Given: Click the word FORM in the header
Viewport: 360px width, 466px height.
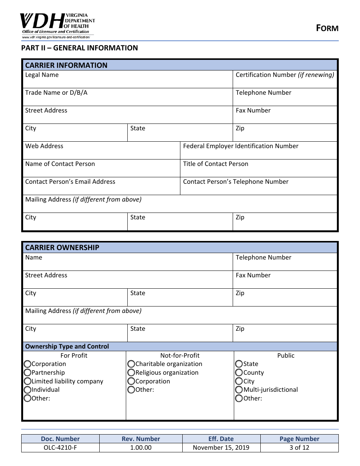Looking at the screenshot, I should pyautogui.click(x=327, y=28).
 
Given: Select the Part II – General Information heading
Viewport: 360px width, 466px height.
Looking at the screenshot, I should pyautogui.click(x=80, y=48).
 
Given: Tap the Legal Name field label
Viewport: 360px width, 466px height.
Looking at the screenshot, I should pyautogui.click(x=42, y=75).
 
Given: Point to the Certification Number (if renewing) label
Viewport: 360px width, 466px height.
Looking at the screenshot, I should pyautogui.click(x=285, y=75).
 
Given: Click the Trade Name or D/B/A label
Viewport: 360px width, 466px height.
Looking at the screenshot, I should pyautogui.click(x=56, y=93).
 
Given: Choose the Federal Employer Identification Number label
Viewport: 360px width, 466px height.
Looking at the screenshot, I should pyautogui.click(x=241, y=146).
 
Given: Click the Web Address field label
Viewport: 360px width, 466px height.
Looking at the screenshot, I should pyautogui.click(x=44, y=146).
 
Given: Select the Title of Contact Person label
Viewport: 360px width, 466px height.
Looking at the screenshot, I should pyautogui.click(x=216, y=164).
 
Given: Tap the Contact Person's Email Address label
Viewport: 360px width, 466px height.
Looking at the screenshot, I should pyautogui.click(x=70, y=182).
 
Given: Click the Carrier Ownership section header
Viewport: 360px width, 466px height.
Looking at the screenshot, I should pyautogui.click(x=62, y=248).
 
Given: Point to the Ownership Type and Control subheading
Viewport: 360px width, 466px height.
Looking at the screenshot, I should pyautogui.click(x=67, y=347).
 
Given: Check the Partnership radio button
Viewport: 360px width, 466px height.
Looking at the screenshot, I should pyautogui.click(x=27, y=373).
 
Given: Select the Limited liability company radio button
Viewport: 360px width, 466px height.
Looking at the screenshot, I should pyautogui.click(x=27, y=382).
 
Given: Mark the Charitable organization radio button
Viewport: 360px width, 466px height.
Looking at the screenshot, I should pyautogui.click(x=131, y=364).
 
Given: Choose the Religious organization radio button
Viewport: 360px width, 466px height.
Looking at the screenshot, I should pyautogui.click(x=131, y=373).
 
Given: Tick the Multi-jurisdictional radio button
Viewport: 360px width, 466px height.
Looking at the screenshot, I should pyautogui.click(x=239, y=390).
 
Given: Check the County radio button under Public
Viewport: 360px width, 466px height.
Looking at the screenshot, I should pyautogui.click(x=239, y=373).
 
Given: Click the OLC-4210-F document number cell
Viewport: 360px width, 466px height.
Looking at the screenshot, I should pyautogui.click(x=60, y=448).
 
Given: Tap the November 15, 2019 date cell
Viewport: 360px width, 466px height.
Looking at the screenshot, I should pyautogui.click(x=221, y=448).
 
